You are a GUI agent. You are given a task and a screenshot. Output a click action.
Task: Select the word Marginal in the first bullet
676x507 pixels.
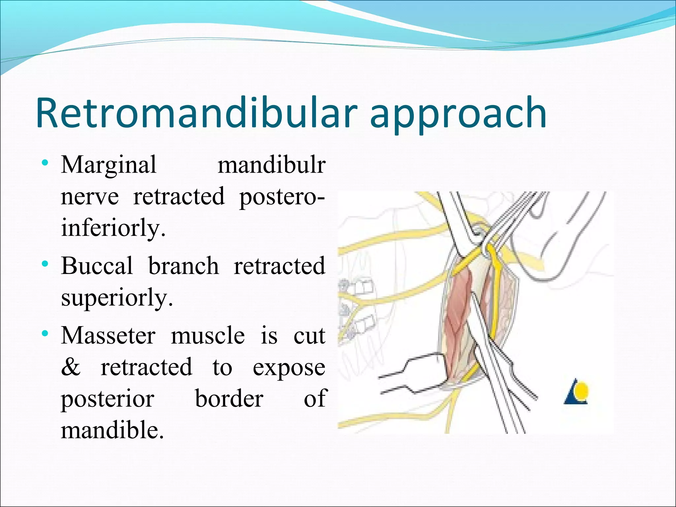[x=109, y=165]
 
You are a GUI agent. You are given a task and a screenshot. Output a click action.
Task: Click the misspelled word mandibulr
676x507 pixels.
[x=271, y=165]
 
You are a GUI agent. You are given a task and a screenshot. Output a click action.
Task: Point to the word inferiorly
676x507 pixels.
[x=113, y=228]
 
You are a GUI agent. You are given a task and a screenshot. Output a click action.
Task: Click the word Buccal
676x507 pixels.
[x=97, y=265]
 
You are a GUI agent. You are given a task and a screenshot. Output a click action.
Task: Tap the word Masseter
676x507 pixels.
[x=108, y=335]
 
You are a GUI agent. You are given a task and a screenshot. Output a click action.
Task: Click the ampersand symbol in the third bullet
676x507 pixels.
[x=71, y=367]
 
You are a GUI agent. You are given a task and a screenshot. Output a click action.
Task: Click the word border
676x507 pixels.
[x=229, y=398]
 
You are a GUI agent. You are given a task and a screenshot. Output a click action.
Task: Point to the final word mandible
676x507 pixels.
[x=112, y=430]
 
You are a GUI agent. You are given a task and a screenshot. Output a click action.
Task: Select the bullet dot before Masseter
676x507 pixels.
[x=46, y=334]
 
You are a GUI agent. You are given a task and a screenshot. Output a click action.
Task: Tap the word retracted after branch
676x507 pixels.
[x=279, y=265]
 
